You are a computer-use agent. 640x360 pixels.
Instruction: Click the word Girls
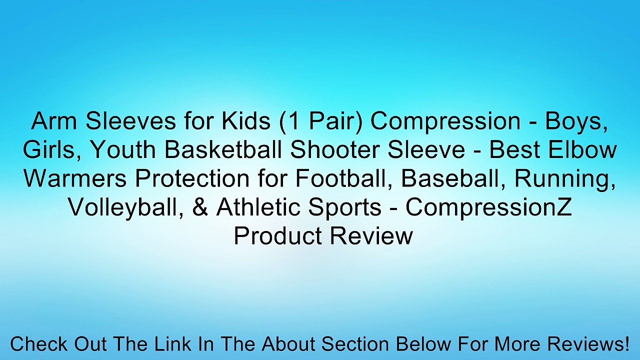pyautogui.click(x=45, y=150)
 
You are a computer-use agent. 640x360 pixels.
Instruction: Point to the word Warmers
pyautogui.click(x=73, y=178)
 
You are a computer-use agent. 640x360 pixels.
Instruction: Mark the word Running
pyautogui.click(x=569, y=178)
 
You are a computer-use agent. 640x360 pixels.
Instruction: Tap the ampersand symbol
pyautogui.click(x=202, y=207)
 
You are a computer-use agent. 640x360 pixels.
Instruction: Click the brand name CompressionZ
pyautogui.click(x=488, y=207)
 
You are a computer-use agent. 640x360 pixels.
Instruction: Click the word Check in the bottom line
pyautogui.click(x=39, y=344)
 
